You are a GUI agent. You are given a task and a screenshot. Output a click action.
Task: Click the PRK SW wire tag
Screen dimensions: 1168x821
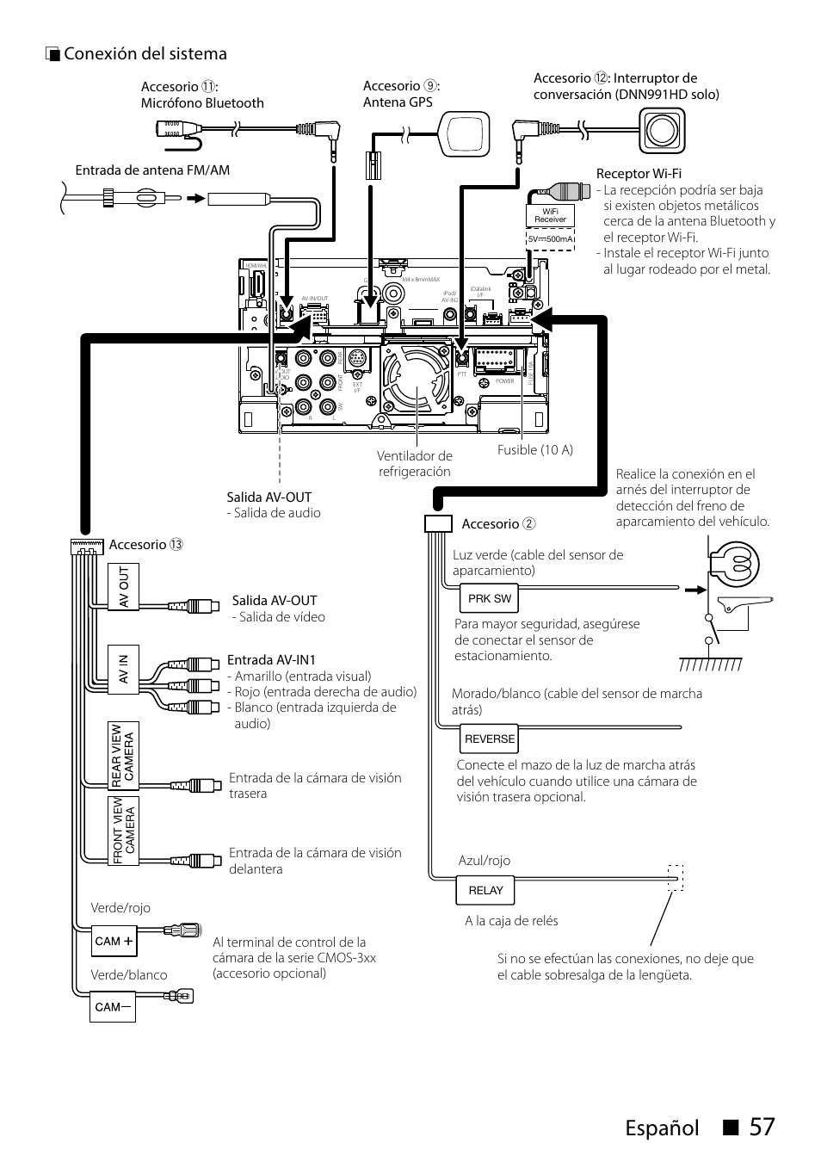(489, 598)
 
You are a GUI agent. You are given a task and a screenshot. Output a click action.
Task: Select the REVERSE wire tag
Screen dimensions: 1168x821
(489, 738)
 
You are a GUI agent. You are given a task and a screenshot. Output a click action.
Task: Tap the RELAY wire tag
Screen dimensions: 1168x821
(485, 890)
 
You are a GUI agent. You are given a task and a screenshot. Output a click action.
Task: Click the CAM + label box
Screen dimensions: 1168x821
(114, 941)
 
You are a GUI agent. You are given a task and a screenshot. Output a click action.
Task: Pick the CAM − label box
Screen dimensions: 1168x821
(114, 1006)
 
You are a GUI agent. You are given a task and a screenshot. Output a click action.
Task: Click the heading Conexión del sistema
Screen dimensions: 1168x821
(145, 54)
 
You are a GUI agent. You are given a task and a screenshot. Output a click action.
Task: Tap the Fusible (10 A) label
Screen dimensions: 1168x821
(534, 450)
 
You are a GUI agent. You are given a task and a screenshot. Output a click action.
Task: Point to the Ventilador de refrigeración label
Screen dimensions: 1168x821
(414, 464)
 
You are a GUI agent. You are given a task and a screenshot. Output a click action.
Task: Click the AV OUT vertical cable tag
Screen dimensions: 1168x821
(123, 589)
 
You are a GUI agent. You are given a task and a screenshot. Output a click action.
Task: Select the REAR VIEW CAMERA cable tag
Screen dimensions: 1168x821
(123, 755)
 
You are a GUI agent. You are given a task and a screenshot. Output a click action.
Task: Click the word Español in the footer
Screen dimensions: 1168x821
(664, 1127)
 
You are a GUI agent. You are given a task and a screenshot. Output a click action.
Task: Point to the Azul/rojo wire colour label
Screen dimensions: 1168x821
(484, 861)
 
